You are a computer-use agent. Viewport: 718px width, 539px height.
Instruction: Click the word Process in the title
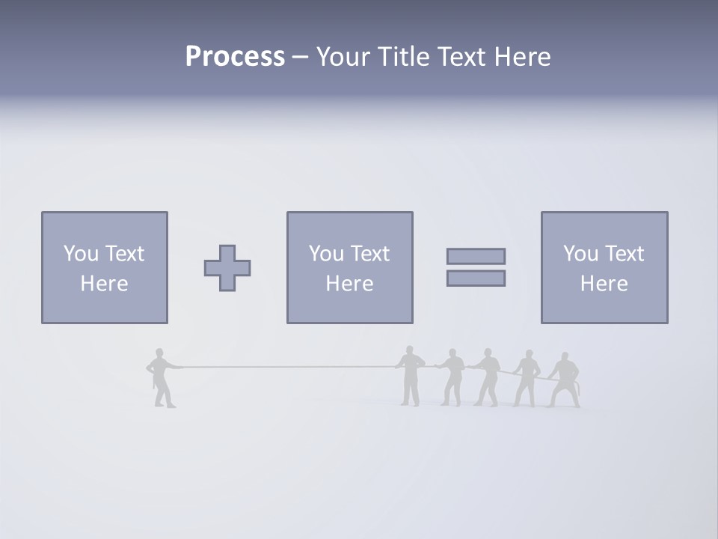pyautogui.click(x=235, y=57)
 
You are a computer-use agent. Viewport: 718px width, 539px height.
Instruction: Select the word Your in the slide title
pyautogui.click(x=342, y=57)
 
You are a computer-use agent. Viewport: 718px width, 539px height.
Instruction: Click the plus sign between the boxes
pyautogui.click(x=227, y=268)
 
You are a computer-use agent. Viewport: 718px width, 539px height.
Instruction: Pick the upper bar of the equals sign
pyautogui.click(x=476, y=256)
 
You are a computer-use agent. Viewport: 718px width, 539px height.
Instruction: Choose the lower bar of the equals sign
pyautogui.click(x=476, y=278)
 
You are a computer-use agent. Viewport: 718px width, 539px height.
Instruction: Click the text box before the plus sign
pyautogui.click(x=105, y=268)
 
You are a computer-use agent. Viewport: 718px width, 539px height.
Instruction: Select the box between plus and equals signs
pyautogui.click(x=349, y=268)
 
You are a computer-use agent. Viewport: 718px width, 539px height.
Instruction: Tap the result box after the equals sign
pyautogui.click(x=604, y=268)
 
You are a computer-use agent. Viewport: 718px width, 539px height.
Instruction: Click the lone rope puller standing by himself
pyautogui.click(x=162, y=378)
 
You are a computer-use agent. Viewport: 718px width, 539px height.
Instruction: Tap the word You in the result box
pyautogui.click(x=580, y=254)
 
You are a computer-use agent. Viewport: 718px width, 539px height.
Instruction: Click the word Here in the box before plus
pyautogui.click(x=105, y=284)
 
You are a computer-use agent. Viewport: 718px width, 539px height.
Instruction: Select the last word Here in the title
pyautogui.click(x=522, y=57)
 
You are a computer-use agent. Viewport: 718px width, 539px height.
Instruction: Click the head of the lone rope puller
pyautogui.click(x=159, y=353)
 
